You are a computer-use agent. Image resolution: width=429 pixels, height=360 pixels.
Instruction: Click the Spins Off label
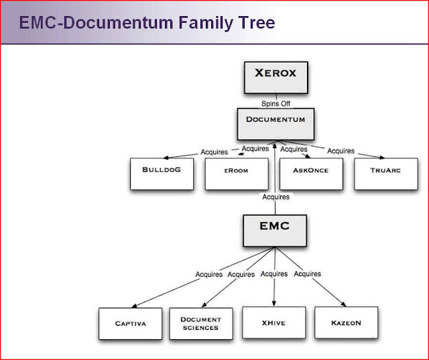point(275,104)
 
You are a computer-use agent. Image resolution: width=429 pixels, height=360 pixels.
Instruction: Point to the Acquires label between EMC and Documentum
point(276,197)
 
